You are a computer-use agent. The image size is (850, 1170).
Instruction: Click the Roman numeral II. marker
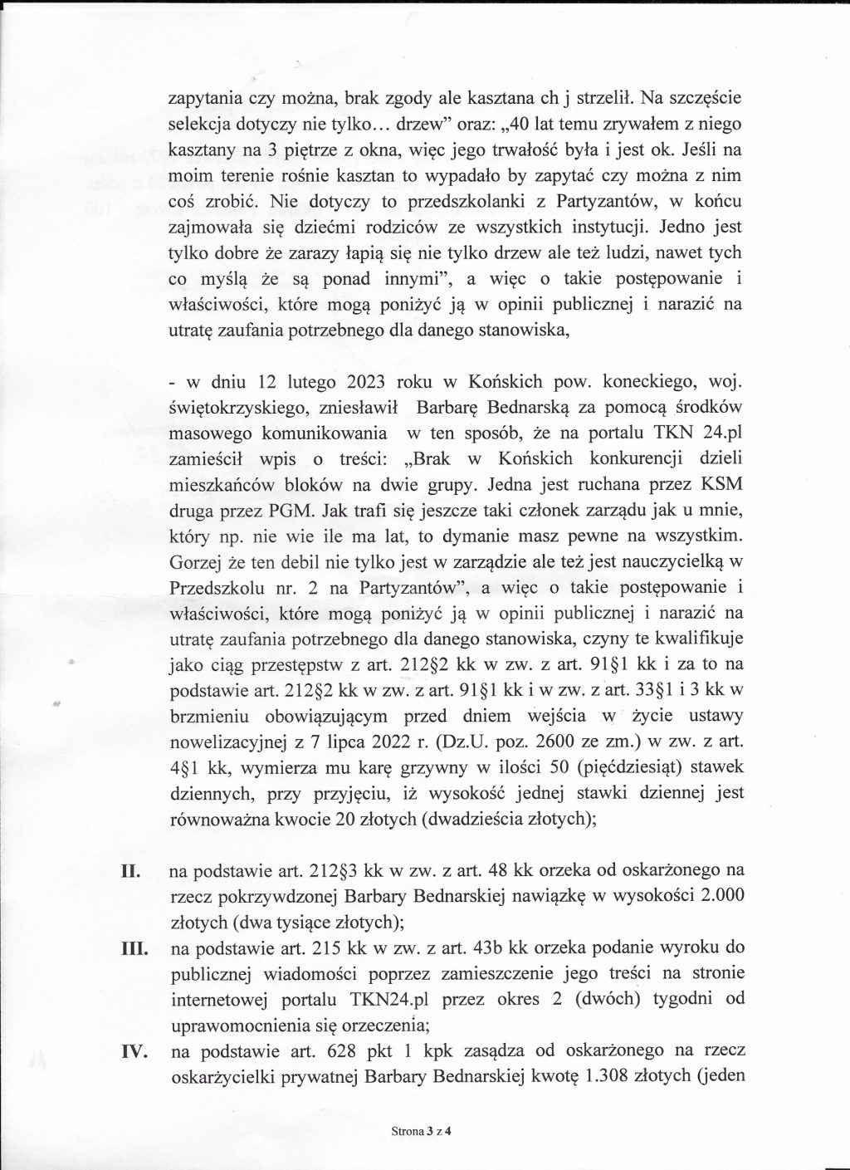pos(130,873)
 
